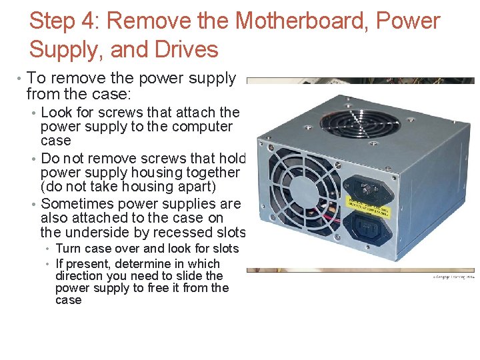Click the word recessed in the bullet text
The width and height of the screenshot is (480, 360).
pos(189,232)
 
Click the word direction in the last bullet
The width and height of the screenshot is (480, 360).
pos(79,276)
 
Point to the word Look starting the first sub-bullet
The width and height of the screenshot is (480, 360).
pos(57,112)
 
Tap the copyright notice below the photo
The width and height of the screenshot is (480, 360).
pos(453,276)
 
